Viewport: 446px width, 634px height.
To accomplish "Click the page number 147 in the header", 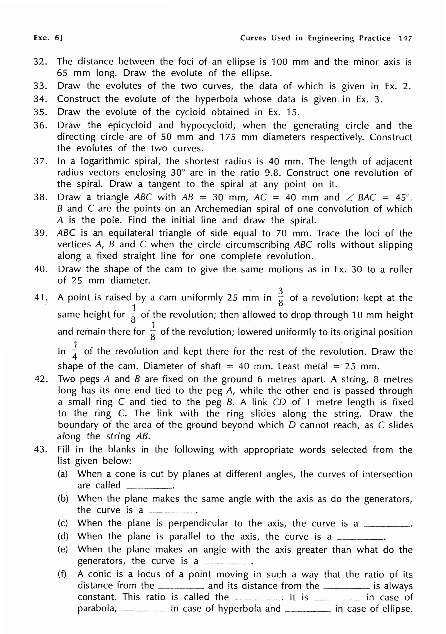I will tap(405, 38).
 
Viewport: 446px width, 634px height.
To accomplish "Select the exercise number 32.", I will tap(40, 62).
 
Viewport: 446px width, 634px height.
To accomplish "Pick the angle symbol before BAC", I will tap(350, 197).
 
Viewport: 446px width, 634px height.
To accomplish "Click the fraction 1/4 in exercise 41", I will tap(75, 351).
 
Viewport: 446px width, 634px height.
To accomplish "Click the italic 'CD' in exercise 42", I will tap(279, 402).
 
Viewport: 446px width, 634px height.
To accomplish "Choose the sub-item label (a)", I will tap(63, 474).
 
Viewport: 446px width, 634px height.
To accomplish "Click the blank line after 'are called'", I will tap(149, 488).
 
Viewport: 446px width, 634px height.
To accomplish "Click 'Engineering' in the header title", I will tap(331, 38).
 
